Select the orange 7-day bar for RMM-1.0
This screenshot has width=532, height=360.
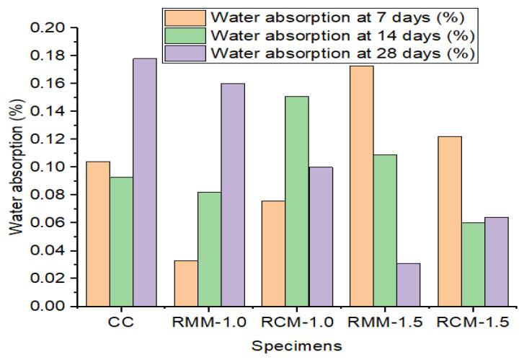[186, 283]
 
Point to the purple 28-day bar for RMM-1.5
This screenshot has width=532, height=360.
[408, 284]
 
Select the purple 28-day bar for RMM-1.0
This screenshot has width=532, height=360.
[232, 194]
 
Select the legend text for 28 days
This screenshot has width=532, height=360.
[346, 54]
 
